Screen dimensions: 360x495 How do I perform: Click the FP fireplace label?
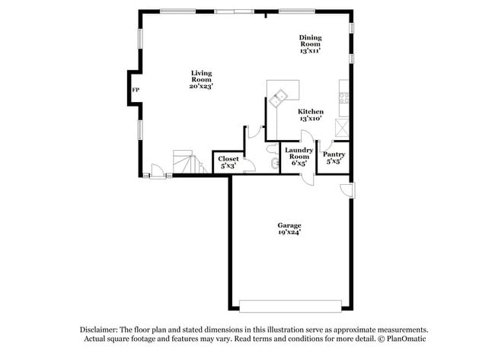pos(136,91)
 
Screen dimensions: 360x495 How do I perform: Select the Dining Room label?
pos(310,44)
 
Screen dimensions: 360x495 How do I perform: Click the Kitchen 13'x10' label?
pos(310,115)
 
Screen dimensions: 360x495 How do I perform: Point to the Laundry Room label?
pos(299,157)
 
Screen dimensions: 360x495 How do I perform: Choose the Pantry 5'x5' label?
pos(334,158)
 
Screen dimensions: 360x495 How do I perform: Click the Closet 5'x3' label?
pos(228,162)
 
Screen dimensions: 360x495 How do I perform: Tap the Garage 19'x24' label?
pos(289,229)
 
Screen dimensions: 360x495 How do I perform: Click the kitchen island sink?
pos(279,96)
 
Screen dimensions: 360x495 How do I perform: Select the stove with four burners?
pos(344,97)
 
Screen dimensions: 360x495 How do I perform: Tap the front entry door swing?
pos(158,171)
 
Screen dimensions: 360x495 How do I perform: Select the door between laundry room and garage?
pos(306,177)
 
